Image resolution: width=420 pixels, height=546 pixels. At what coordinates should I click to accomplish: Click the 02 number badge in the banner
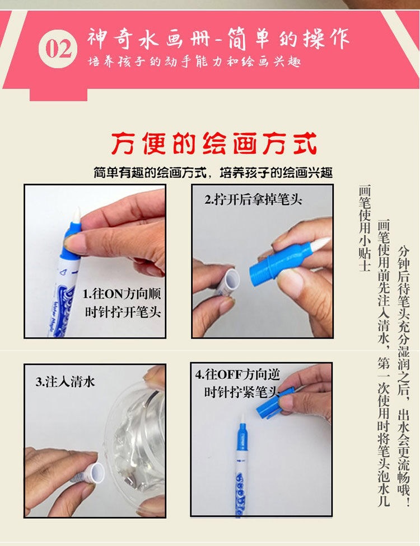click(58, 49)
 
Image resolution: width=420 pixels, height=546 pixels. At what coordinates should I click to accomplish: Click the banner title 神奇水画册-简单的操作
click(218, 38)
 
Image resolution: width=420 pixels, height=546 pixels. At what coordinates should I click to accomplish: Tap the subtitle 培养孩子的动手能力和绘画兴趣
click(194, 61)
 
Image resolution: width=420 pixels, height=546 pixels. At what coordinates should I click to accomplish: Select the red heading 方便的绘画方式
click(213, 144)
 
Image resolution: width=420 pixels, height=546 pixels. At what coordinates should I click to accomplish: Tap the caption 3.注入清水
click(66, 382)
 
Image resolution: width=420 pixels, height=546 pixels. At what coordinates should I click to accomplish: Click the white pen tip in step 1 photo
click(77, 215)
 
